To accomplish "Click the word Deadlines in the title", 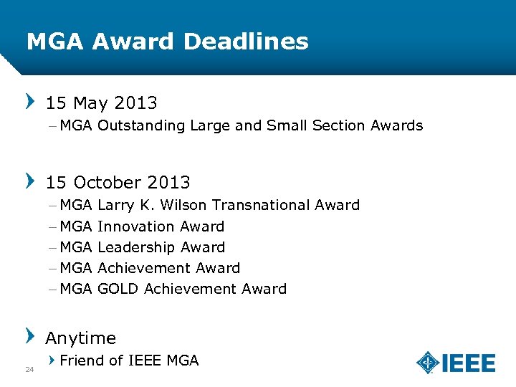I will point(246,42).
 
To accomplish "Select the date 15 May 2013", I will point(102,103).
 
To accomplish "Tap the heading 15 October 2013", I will point(118,182).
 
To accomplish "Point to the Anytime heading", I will point(81,338).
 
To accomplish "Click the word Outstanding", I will point(141,126).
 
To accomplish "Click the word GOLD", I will point(118,289).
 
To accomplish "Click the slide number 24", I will point(29,370).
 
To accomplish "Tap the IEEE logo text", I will point(469,363).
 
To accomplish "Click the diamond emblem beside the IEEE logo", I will point(428,363).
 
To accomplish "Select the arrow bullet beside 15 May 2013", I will point(30,101).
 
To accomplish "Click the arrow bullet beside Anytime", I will point(30,335).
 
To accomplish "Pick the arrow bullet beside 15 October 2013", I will point(30,180).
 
